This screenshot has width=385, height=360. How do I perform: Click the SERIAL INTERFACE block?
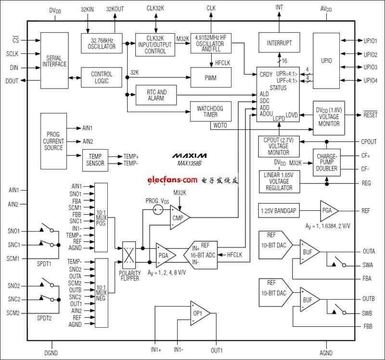[54, 61]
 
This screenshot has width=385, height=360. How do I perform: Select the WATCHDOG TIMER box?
[210, 112]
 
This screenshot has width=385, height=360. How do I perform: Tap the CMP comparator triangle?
[180, 218]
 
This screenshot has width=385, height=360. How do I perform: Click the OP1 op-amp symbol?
[200, 313]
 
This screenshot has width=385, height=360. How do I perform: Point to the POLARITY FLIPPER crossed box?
[129, 255]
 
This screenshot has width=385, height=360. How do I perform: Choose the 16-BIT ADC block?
[201, 255]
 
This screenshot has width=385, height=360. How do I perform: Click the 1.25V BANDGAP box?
[279, 211]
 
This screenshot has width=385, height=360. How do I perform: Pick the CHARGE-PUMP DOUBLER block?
[327, 162]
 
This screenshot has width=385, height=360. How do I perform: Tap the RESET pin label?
[370, 115]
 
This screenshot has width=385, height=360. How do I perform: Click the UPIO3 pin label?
[370, 67]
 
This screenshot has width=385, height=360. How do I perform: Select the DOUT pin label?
[12, 81]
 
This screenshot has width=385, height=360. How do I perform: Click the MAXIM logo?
[189, 155]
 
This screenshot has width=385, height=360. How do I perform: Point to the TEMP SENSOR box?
[95, 160]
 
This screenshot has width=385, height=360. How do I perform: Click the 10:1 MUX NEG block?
[101, 293]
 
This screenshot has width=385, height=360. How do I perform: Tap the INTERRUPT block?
[279, 42]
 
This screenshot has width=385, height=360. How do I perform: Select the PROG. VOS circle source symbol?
[158, 210]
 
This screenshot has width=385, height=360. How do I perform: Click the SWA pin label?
[368, 265]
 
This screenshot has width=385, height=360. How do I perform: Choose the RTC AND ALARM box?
[156, 95]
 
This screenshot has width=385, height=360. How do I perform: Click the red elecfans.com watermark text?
[172, 180]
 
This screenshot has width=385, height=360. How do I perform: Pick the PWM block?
[211, 77]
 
